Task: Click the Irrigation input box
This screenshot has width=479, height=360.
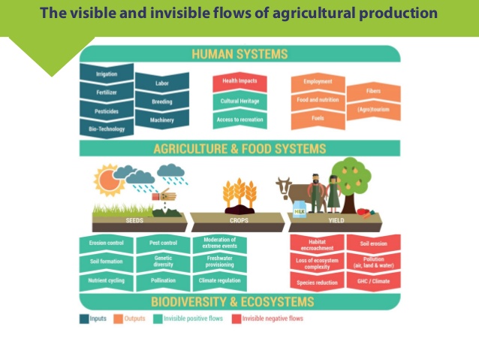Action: (x=107, y=74)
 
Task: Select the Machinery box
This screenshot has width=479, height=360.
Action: (x=162, y=119)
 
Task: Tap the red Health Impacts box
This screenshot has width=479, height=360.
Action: (x=239, y=82)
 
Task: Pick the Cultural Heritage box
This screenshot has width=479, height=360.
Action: (x=239, y=101)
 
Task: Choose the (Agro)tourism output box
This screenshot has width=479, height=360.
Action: (x=373, y=110)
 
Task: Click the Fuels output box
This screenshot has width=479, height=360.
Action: (x=318, y=119)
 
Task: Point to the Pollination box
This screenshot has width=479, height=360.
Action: (x=163, y=281)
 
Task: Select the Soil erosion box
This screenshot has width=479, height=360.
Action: (x=374, y=244)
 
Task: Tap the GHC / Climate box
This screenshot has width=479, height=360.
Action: (x=374, y=281)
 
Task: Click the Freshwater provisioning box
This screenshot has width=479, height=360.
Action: (x=220, y=262)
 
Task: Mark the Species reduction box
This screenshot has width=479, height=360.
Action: (x=317, y=281)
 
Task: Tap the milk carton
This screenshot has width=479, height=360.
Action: (x=300, y=209)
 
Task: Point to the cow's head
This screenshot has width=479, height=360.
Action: (x=284, y=186)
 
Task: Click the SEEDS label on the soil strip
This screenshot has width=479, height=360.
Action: (x=134, y=220)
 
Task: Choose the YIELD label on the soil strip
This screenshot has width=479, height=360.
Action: (x=336, y=220)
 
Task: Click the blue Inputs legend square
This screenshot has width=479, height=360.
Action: (x=84, y=319)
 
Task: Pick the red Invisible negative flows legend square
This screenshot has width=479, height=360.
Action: (x=236, y=319)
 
